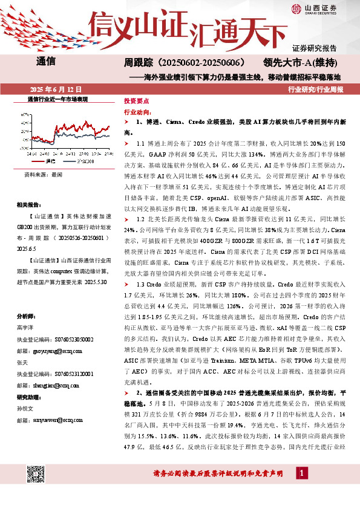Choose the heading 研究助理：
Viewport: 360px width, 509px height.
[30, 413]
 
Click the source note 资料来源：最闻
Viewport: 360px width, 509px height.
[44, 174]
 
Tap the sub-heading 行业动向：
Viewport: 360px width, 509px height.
[139, 112]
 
